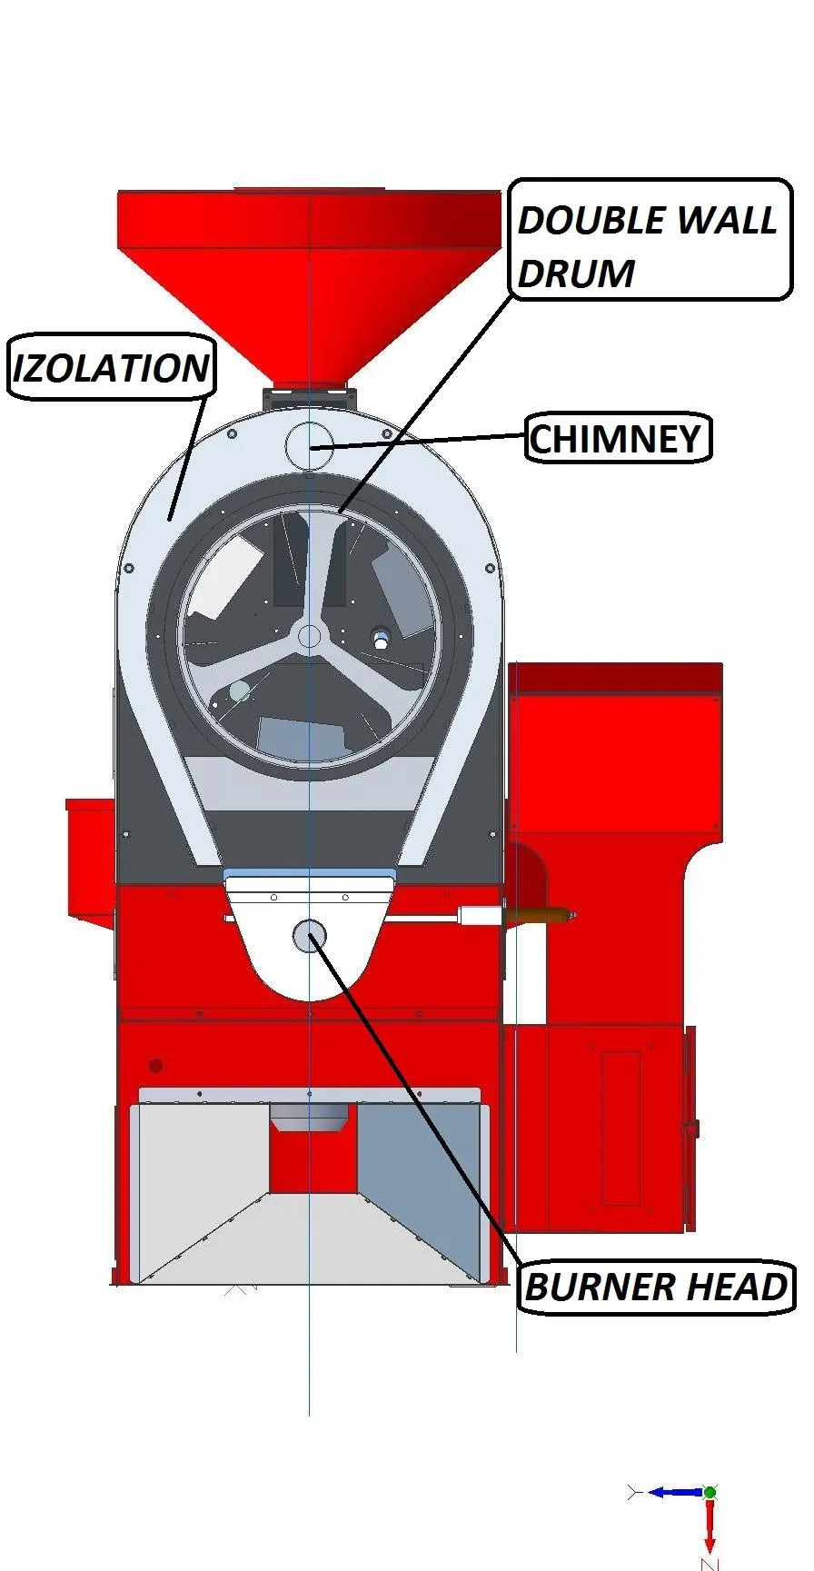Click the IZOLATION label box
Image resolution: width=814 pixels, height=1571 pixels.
coord(112,366)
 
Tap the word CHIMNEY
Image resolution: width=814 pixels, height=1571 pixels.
coord(616,439)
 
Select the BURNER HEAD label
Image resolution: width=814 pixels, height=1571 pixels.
coord(656,1287)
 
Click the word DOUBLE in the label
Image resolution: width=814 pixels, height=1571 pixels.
coord(585,220)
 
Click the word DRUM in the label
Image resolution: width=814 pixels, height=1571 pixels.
coord(575,273)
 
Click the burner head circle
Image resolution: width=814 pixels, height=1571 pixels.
coord(310,936)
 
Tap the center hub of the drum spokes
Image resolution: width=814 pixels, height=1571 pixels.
coord(310,635)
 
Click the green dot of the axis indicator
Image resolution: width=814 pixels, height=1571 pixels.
coord(710,1492)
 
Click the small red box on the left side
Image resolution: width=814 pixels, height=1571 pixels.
coord(90,863)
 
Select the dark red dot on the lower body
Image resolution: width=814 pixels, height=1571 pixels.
coord(156,1065)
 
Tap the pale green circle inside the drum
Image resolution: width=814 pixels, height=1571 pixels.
coord(239,691)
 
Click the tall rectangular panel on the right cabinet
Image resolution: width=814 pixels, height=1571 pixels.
coord(621,1129)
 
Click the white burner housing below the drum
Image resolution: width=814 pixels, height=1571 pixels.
coord(310,940)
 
